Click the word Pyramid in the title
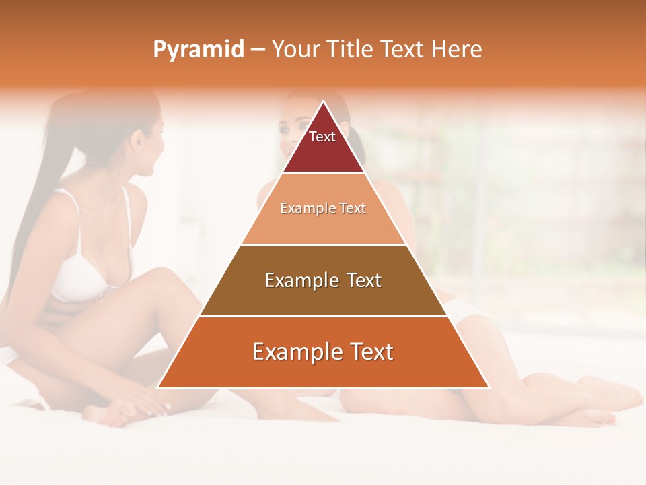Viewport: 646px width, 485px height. pyautogui.click(x=198, y=50)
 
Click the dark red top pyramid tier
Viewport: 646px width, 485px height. pyautogui.click(x=323, y=152)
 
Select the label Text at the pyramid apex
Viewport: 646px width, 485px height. pyautogui.click(x=322, y=137)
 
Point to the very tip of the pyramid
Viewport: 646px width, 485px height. pyautogui.click(x=323, y=102)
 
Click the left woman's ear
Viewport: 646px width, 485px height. pyautogui.click(x=139, y=145)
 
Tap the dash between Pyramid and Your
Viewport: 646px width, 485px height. pyautogui.click(x=258, y=50)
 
